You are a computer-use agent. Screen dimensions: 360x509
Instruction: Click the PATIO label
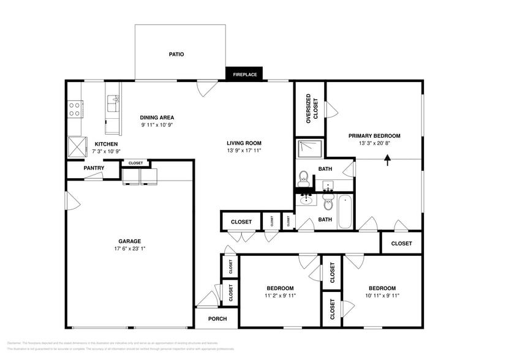click(x=176, y=54)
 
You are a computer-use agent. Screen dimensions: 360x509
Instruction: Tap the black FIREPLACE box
click(x=244, y=75)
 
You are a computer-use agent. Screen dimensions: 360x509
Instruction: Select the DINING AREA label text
click(x=157, y=118)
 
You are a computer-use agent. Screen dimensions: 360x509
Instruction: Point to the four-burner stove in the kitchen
click(x=75, y=109)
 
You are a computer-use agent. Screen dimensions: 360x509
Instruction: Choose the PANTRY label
click(x=94, y=168)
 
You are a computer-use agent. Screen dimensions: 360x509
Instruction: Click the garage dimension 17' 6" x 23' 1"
click(x=130, y=249)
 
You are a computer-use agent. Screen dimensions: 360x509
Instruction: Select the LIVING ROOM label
click(x=244, y=143)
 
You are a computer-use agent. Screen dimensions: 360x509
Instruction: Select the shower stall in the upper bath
click(x=310, y=149)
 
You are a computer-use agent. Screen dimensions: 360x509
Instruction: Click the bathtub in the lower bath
click(x=345, y=211)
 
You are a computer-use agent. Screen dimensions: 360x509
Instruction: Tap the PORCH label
click(x=217, y=319)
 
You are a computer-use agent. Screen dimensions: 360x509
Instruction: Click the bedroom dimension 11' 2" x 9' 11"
click(x=280, y=296)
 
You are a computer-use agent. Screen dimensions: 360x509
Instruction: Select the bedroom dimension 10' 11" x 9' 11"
click(x=382, y=296)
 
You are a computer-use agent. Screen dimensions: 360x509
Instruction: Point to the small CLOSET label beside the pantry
click(x=135, y=163)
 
